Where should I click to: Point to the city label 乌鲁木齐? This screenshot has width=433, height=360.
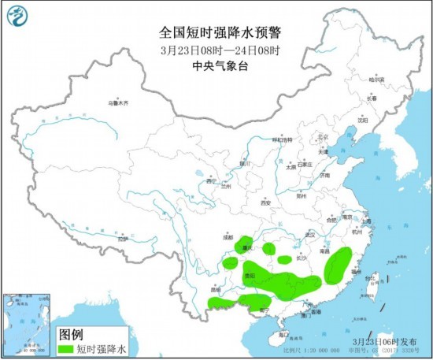point(117,103)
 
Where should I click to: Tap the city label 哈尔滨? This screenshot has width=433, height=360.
point(377,80)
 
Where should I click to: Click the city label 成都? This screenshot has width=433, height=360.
point(228,236)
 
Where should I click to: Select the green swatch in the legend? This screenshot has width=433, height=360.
point(65,347)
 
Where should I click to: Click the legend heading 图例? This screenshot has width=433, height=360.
point(72,333)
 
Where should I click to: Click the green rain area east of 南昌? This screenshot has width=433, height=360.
point(339,264)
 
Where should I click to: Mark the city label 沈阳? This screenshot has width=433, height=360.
point(362,121)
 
